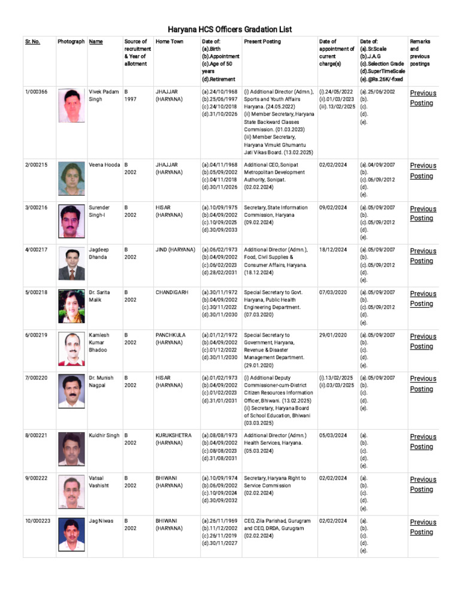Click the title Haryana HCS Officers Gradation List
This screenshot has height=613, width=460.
(229, 29)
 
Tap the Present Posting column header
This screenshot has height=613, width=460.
(262, 42)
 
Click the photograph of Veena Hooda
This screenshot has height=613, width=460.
(71, 178)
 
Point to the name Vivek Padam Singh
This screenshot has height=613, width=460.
(104, 96)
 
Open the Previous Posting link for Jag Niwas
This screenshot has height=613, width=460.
(423, 527)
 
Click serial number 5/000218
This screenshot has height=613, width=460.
(37, 293)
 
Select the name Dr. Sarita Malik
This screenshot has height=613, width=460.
(99, 296)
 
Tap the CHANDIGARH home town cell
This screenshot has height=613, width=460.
(172, 293)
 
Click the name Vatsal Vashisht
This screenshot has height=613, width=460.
(99, 482)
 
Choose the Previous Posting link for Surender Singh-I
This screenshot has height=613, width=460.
(423, 213)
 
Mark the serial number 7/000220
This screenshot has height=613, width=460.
(37, 378)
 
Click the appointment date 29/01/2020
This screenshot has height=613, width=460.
(333, 335)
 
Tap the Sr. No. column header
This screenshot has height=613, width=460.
(32, 42)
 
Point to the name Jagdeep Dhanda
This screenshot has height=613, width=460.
(99, 253)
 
